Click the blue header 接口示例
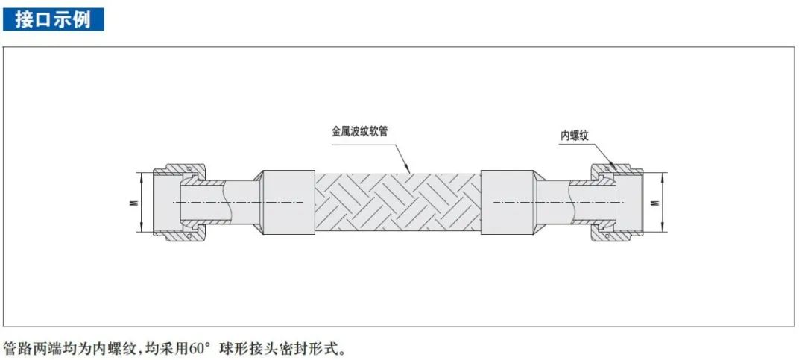click(53, 19)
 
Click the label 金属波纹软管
click(359, 130)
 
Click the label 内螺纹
click(575, 136)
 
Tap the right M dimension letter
click(656, 202)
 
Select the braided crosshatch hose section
click(397, 202)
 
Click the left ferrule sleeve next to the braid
click(288, 202)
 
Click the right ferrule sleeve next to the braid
click(507, 202)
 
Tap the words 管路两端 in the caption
click(30, 348)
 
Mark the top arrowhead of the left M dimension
click(142, 175)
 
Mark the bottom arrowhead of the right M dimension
click(663, 229)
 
